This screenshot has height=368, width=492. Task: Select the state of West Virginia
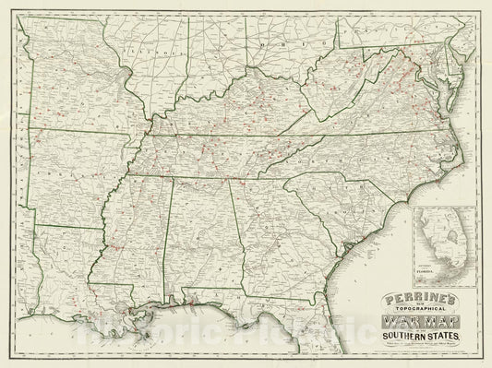[x=328, y=92]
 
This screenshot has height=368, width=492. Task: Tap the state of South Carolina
[x=318, y=198]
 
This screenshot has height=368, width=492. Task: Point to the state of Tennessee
[x=212, y=152]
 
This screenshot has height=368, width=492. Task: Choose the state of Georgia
[x=263, y=231]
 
